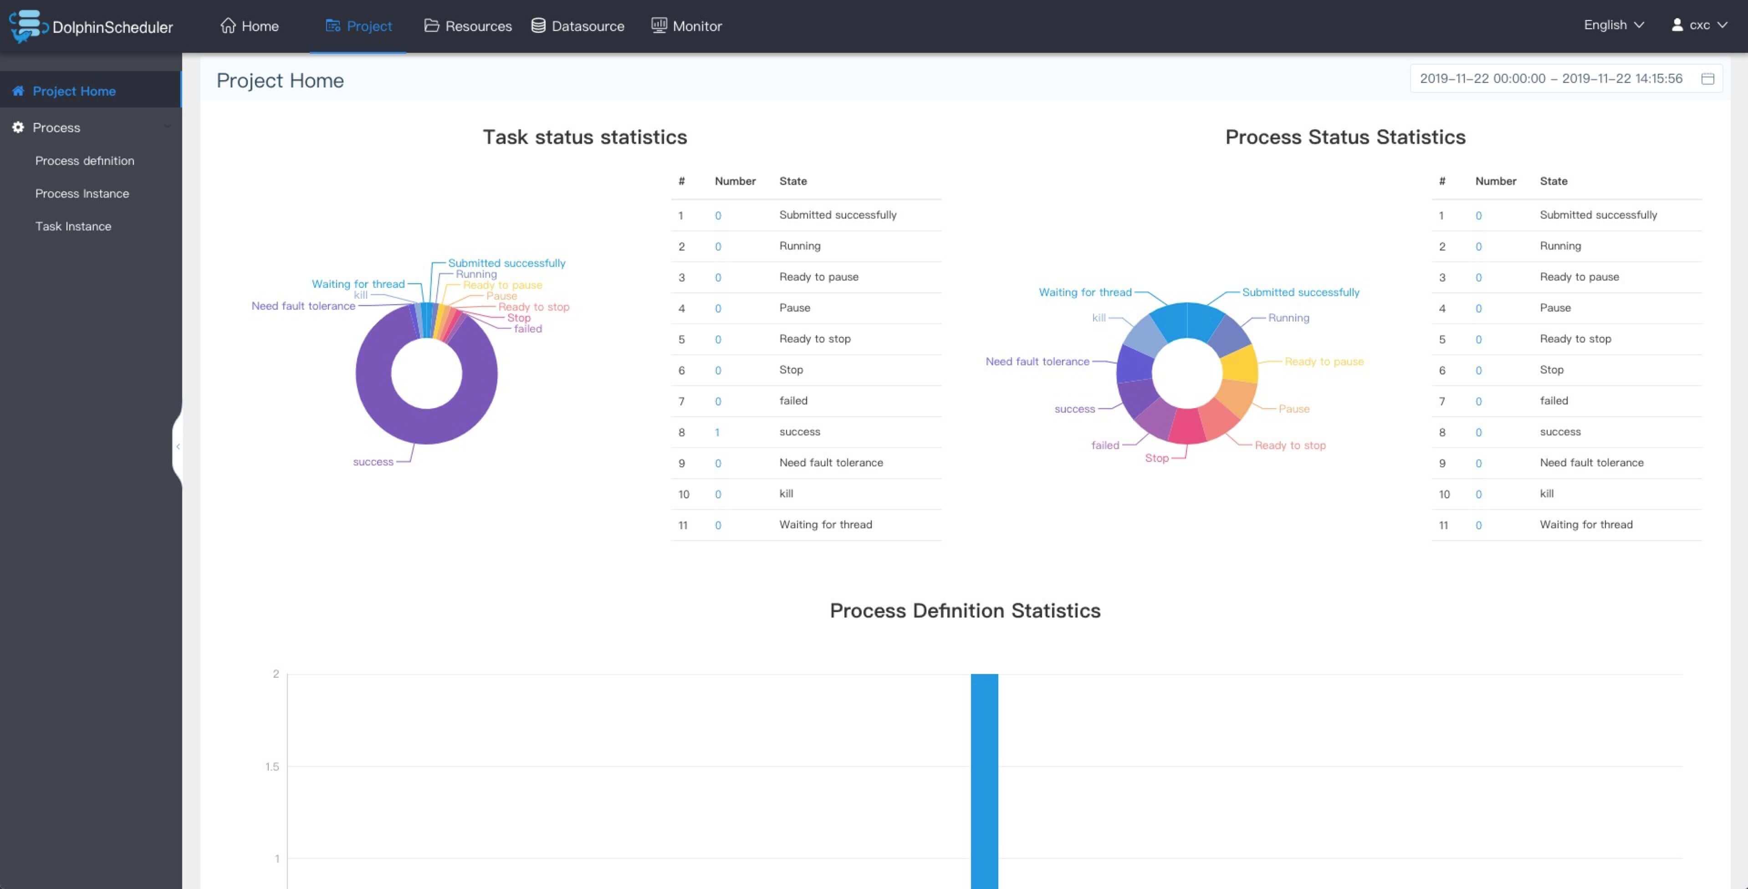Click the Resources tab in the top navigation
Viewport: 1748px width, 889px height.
[468, 26]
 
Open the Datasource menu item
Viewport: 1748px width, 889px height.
[578, 26]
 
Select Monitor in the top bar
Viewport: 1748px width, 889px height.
[687, 26]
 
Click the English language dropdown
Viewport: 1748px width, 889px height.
[1614, 25]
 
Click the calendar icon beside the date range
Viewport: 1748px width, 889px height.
[1707, 79]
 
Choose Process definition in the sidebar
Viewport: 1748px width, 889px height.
[85, 161]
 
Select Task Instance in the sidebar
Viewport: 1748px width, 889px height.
[73, 226]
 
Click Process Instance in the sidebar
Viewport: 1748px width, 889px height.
[82, 194]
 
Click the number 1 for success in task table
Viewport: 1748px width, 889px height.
[717, 432]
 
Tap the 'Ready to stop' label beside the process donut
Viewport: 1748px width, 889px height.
[1290, 445]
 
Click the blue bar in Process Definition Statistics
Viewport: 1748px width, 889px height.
[984, 781]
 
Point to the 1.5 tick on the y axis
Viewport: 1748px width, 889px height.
[272, 766]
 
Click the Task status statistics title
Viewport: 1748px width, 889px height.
[585, 137]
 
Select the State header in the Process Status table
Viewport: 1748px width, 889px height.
[1553, 181]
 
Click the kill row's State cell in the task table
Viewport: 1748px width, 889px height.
[786, 493]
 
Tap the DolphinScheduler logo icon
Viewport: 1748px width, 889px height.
[26, 26]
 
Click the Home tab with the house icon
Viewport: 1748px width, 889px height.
[249, 26]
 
